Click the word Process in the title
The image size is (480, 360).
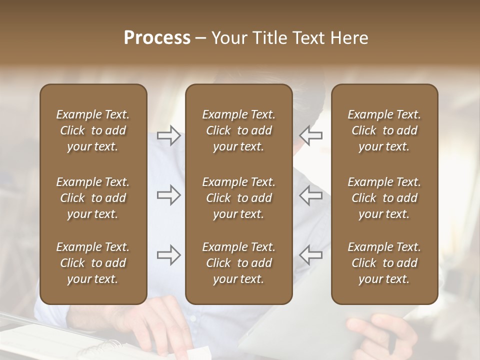(x=157, y=38)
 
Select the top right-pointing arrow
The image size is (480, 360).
(x=168, y=135)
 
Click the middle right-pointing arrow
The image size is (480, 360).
(x=168, y=195)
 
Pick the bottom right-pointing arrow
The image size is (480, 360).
(x=168, y=255)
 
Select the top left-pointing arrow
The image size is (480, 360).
(x=311, y=135)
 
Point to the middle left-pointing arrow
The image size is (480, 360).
(x=311, y=195)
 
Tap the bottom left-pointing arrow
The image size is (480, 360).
(x=311, y=255)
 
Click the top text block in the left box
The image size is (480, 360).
(x=93, y=130)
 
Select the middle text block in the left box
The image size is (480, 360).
(x=93, y=198)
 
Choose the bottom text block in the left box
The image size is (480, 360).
(x=93, y=263)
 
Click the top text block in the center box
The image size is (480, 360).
(x=238, y=130)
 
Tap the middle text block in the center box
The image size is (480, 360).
(x=238, y=198)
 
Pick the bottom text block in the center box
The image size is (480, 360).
(x=238, y=263)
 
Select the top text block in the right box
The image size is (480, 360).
(x=384, y=130)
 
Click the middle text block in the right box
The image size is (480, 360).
(x=384, y=198)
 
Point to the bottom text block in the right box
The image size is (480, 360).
(x=384, y=263)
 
